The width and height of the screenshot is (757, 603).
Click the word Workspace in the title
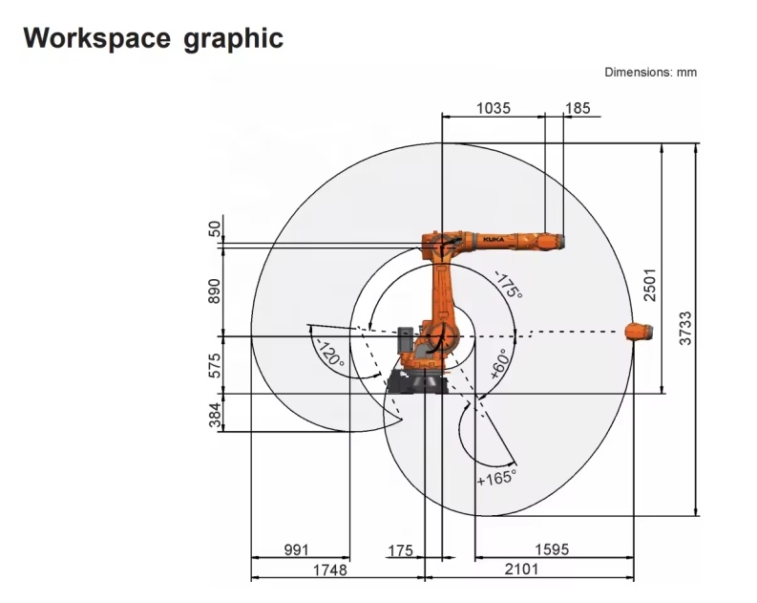pos(96,37)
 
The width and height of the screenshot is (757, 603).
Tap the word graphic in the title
pos(233,38)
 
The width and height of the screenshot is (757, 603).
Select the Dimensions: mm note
pos(650,73)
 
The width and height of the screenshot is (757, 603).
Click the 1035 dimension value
pos(494,108)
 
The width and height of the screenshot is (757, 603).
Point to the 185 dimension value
pos(578,108)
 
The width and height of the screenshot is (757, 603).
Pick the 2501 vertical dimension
pos(650,285)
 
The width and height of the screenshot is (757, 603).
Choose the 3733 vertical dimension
pos(685,328)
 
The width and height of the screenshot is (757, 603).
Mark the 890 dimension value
pos(215,291)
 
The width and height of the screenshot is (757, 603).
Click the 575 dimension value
pos(215,365)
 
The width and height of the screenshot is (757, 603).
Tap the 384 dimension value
pos(215,416)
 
